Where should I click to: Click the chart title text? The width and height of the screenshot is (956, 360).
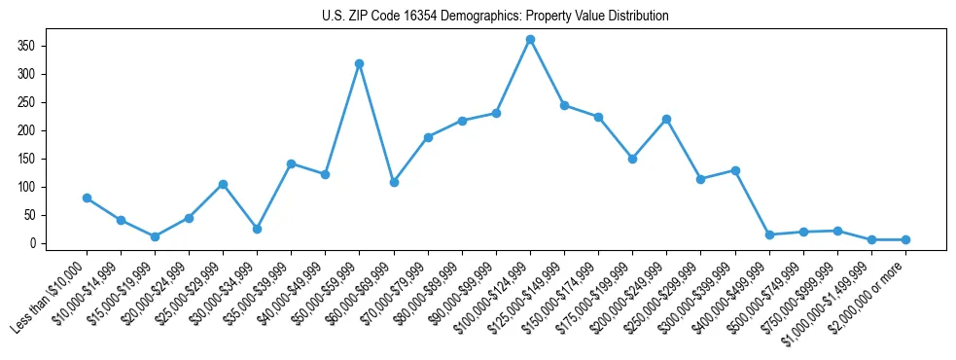[x=495, y=17]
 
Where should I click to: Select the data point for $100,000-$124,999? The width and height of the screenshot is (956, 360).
[x=530, y=40]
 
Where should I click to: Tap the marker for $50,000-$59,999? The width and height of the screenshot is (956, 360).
[x=360, y=63]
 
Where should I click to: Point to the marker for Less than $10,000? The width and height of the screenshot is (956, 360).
[x=87, y=198]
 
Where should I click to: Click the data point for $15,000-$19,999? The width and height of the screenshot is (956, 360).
[x=155, y=236]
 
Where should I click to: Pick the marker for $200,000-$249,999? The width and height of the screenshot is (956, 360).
[x=666, y=119]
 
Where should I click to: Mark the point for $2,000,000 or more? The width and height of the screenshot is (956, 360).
[x=905, y=239]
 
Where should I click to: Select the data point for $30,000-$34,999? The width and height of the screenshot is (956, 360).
[x=257, y=229]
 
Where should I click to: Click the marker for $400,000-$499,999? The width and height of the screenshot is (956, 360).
[x=769, y=234]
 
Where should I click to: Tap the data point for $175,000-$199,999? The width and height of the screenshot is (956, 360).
[x=632, y=159]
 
